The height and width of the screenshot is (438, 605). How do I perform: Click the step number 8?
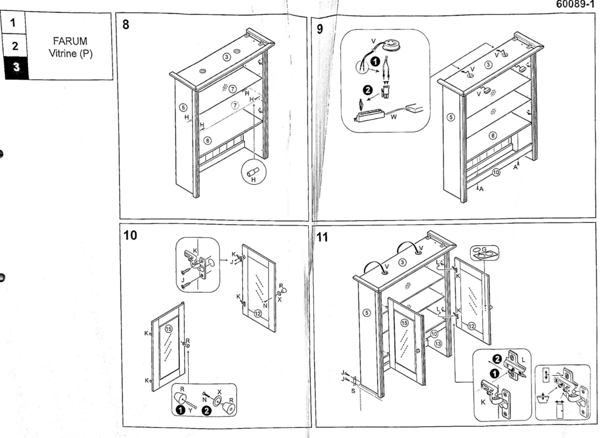pos(126,25)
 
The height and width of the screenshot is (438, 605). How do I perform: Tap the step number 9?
pos(320,29)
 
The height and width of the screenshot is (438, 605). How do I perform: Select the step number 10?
pos(130,235)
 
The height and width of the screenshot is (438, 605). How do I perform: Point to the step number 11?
pos(322,237)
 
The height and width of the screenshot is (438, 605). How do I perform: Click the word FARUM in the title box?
pos(70,41)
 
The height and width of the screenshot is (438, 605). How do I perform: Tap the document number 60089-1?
pos(575,4)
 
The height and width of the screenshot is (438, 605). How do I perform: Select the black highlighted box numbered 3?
pos(16,68)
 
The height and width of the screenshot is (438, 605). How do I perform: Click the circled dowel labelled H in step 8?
pos(253,173)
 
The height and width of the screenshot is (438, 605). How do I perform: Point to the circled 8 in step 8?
pos(207,140)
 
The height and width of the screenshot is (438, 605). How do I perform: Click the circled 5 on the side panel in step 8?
pos(183,107)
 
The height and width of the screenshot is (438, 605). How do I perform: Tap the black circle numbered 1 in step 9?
pos(375,62)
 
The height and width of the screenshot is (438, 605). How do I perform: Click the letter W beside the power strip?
pos(394,117)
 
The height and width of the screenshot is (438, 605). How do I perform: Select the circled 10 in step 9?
pos(496,172)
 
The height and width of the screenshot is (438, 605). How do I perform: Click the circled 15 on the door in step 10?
pos(168,329)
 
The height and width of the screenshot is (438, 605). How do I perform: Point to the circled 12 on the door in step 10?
pos(258,313)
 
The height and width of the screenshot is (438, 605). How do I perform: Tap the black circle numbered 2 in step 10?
pos(206,411)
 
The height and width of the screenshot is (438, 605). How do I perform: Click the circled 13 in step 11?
pos(438,344)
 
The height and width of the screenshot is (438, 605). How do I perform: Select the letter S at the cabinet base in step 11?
pos(353,391)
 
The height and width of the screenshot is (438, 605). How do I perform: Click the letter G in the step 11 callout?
pos(484,250)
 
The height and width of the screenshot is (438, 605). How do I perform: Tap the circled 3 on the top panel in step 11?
pos(402,262)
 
